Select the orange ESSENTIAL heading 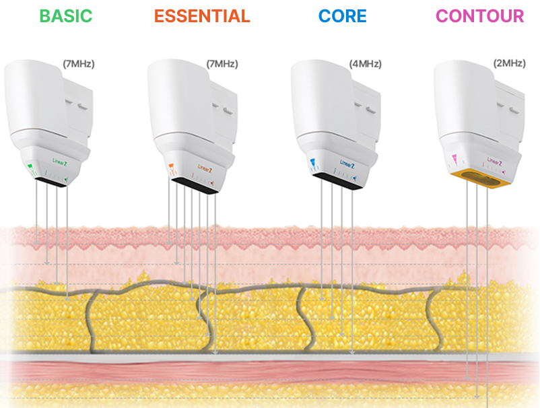202,16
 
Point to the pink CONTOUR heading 479,16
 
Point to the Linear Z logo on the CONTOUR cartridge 496,162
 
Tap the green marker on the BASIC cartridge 30,166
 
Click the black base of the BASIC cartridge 50,182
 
